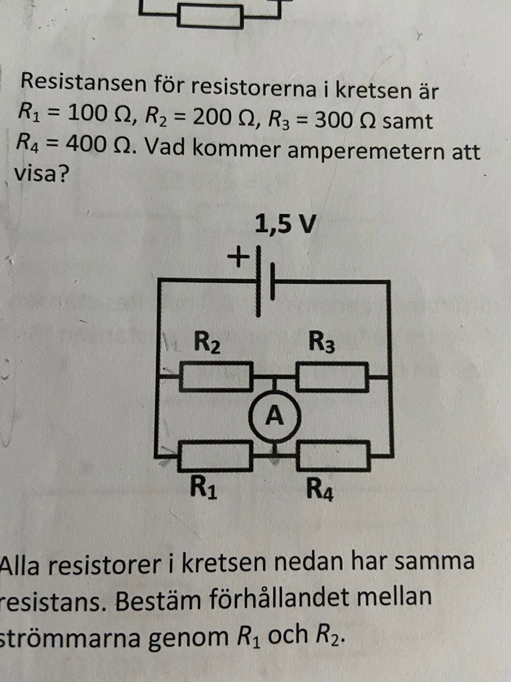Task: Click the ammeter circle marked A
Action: click(275, 417)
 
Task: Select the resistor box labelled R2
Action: click(215, 377)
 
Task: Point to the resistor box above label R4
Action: click(332, 456)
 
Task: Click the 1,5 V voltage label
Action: click(284, 225)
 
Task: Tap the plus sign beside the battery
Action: click(238, 258)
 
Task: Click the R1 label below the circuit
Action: click(203, 489)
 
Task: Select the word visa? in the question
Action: click(41, 174)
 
